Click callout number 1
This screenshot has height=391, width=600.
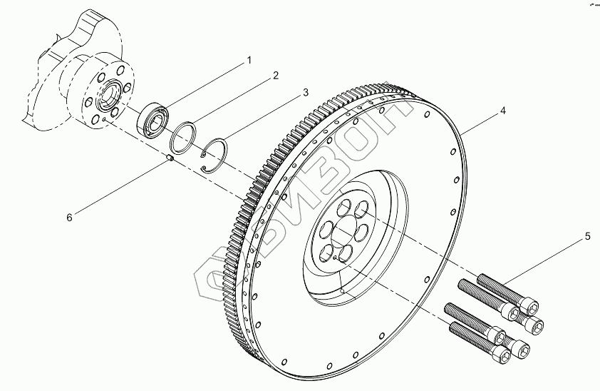click(x=249, y=60)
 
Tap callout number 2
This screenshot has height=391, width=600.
click(x=275, y=75)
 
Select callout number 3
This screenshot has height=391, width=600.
click(x=305, y=93)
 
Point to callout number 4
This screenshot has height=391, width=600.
click(x=502, y=111)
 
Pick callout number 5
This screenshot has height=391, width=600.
click(x=589, y=235)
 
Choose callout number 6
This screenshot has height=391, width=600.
click(x=69, y=217)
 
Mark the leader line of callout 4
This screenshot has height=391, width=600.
click(x=482, y=122)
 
